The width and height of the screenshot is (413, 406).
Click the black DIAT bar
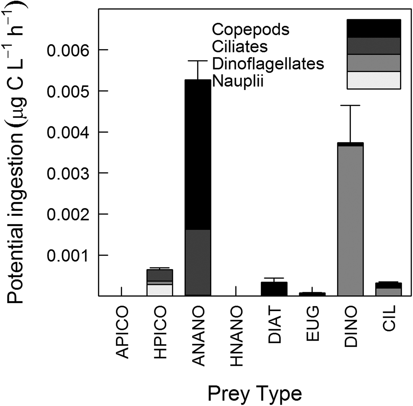click(274, 289)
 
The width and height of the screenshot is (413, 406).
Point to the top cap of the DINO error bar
click(350, 105)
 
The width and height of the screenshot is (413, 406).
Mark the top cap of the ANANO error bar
click(198, 61)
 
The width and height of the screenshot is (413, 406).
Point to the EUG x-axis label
click(312, 324)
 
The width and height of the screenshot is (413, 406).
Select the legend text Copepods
click(250, 30)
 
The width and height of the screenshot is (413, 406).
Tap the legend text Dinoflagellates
click(268, 63)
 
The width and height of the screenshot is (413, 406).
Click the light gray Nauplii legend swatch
click(373, 80)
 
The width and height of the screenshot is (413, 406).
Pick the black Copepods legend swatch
click(373, 29)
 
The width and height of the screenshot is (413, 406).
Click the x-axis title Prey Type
click(255, 394)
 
